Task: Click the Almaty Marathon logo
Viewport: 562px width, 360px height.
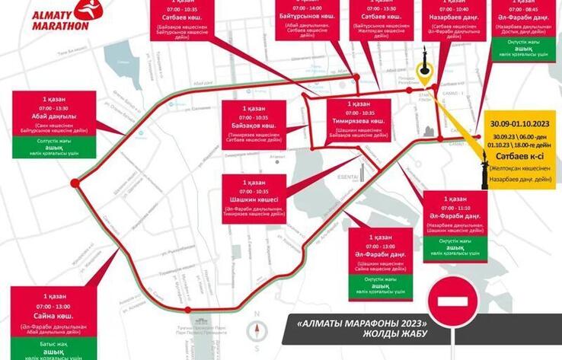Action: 62,15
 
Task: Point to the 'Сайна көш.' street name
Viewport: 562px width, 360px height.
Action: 54,316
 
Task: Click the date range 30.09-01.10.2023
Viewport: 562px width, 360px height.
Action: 521,123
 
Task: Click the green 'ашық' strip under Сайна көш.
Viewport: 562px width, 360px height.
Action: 54,352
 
